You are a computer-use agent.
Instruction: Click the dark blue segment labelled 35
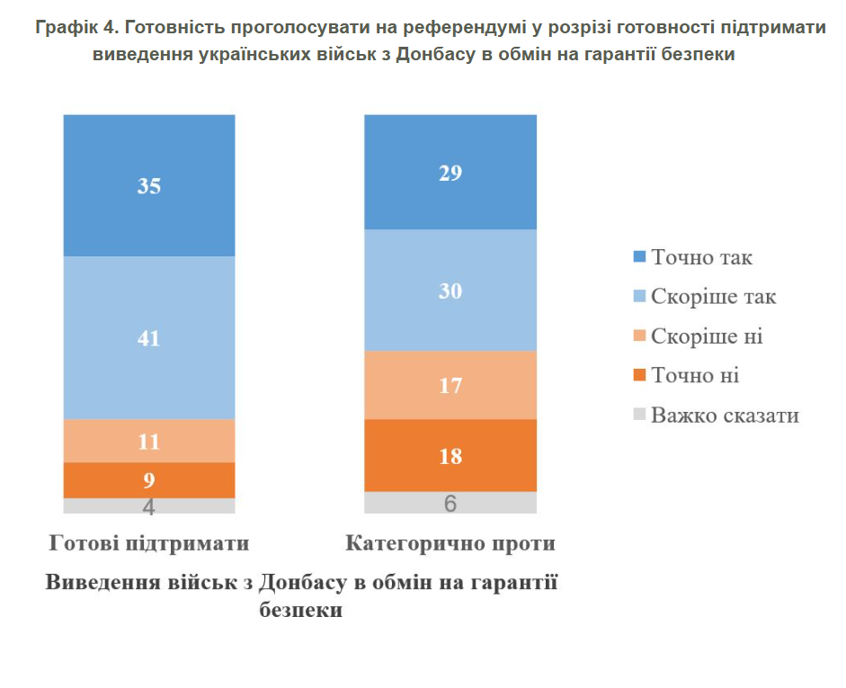148,186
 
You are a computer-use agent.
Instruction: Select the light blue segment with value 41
148,338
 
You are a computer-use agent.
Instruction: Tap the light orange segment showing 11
148,442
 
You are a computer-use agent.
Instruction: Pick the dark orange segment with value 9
148,480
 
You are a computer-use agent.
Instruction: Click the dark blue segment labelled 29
450,173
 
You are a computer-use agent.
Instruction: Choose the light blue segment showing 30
450,290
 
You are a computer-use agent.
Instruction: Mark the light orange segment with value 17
450,386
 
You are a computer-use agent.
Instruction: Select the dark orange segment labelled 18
450,456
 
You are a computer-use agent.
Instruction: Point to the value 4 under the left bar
149,507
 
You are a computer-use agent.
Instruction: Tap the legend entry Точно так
701,257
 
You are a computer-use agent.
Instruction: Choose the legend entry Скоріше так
713,297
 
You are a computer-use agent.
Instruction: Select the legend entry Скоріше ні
707,336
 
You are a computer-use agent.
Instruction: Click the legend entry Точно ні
695,375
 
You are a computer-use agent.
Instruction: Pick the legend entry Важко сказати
725,415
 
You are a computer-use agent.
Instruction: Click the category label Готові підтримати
149,543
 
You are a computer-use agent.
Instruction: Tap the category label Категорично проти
450,543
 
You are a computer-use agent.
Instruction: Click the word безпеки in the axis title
300,610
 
